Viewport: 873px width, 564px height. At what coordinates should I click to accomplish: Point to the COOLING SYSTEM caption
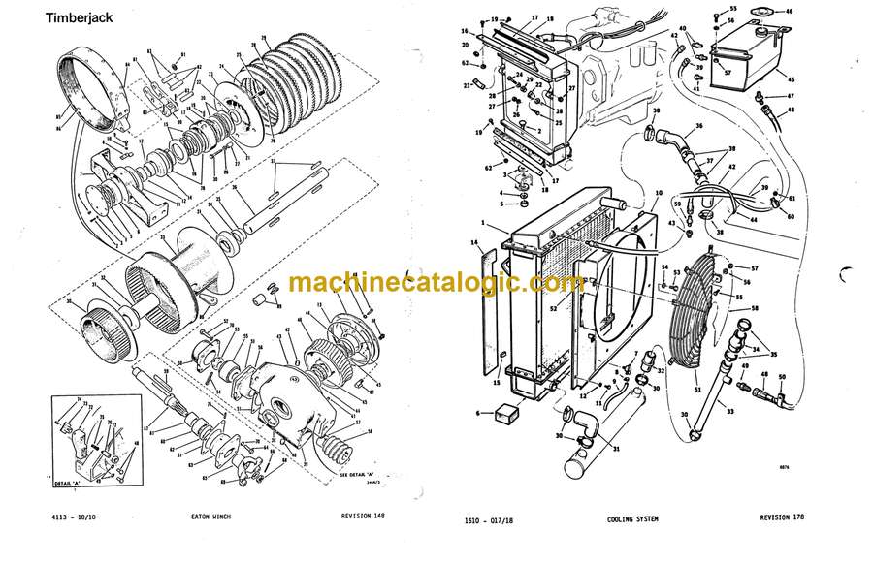(x=632, y=519)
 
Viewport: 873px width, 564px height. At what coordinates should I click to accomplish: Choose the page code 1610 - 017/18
(x=494, y=519)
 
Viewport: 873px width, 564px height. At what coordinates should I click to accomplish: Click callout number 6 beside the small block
(x=479, y=412)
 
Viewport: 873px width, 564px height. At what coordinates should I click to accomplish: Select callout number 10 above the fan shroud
(x=631, y=193)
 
